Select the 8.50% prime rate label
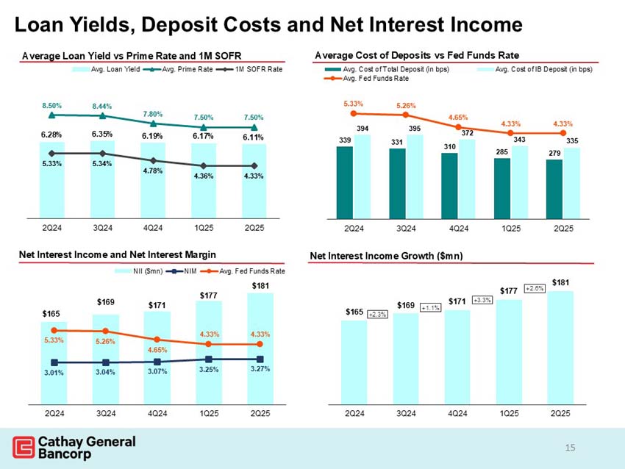(x=51, y=105)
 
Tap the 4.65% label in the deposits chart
(x=457, y=117)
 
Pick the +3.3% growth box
(x=482, y=300)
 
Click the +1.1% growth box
(x=430, y=308)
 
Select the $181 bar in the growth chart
(x=560, y=346)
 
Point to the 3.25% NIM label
(x=209, y=370)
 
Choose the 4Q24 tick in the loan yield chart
(x=154, y=227)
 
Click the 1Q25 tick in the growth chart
(x=509, y=414)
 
